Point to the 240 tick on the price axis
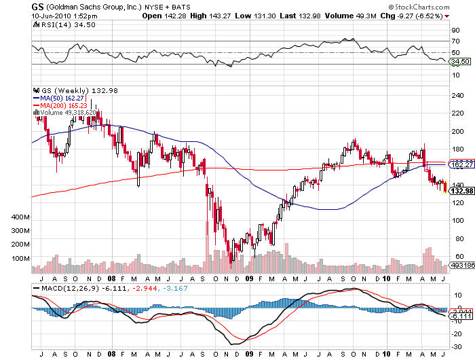click(457, 96)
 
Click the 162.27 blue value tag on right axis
click(461, 164)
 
